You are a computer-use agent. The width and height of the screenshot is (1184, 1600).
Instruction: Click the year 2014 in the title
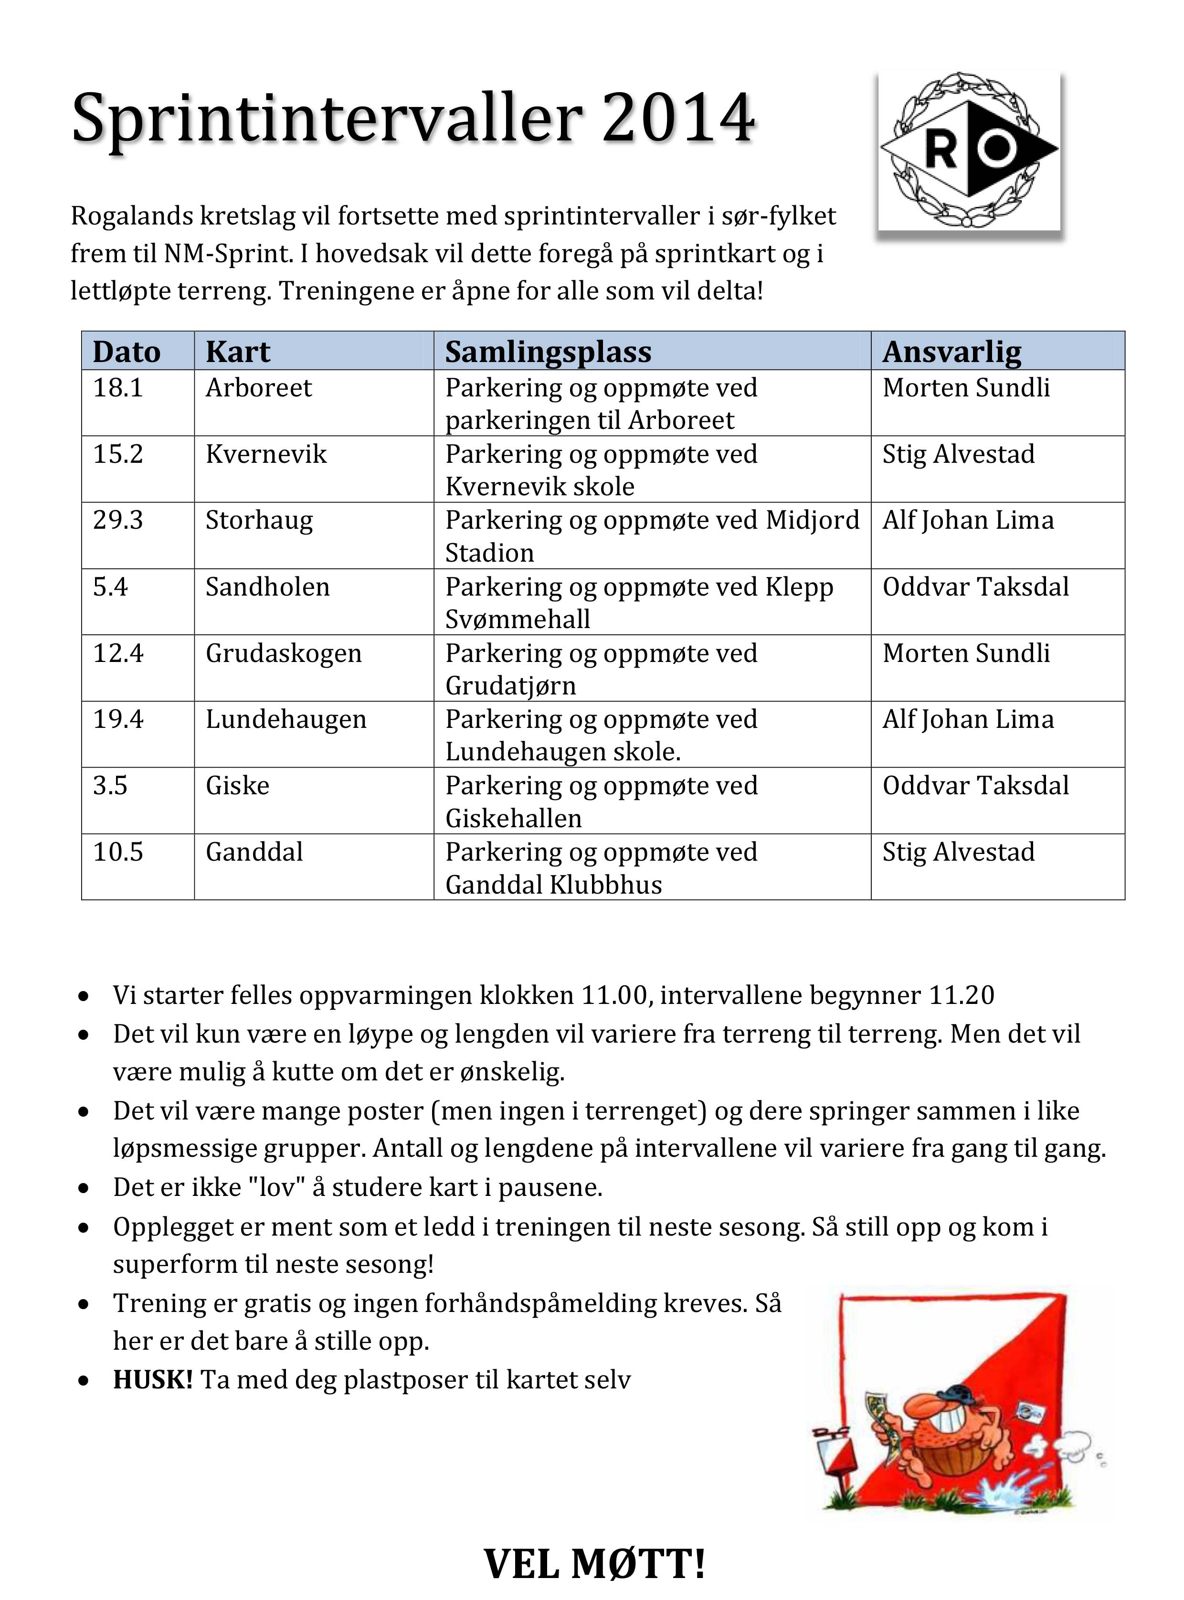678,117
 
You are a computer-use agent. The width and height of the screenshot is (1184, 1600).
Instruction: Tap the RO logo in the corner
969,150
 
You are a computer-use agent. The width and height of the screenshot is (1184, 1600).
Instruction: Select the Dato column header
126,351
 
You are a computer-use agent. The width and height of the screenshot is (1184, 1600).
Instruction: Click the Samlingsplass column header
548,351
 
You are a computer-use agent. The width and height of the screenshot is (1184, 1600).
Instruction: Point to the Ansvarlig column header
952,351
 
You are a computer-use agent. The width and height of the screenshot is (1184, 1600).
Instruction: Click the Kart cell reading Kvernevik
266,454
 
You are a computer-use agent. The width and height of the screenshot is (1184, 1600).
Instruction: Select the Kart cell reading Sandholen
267,587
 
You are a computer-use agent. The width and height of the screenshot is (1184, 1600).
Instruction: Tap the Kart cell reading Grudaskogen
284,653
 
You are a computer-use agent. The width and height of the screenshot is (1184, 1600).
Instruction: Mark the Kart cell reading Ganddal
254,852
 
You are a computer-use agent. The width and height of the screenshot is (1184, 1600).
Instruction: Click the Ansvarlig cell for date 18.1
966,388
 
